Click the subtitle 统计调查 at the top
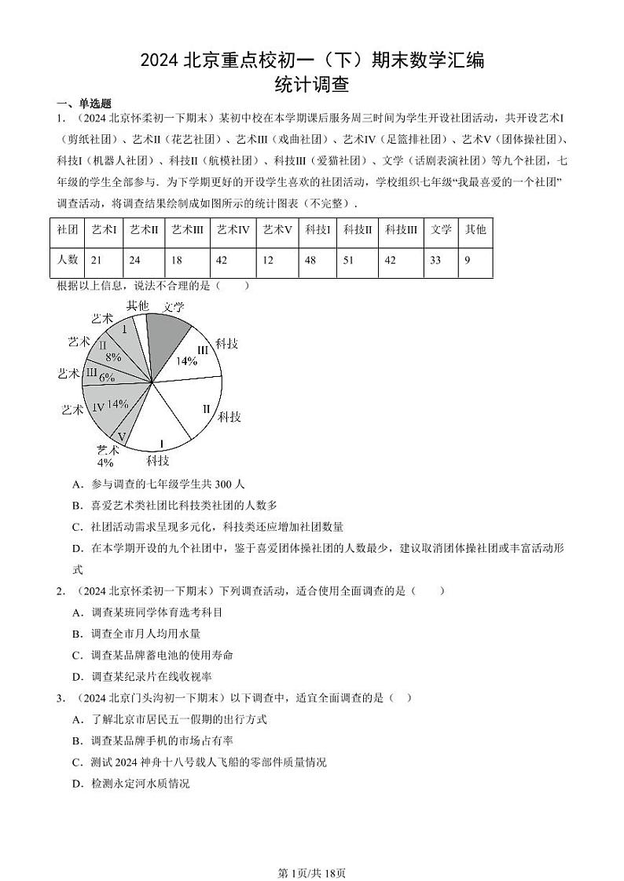pyautogui.click(x=312, y=84)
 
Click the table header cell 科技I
pyautogui.click(x=317, y=229)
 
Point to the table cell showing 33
pyautogui.click(x=435, y=260)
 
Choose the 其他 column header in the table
pyautogui.click(x=475, y=229)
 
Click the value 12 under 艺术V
pyautogui.click(x=268, y=260)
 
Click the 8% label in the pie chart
pyautogui.click(x=112, y=356)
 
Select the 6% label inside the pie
pyautogui.click(x=107, y=378)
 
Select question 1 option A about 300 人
pyautogui.click(x=157, y=484)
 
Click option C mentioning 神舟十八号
pyautogui.click(x=207, y=762)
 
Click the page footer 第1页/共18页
pyautogui.click(x=312, y=850)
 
